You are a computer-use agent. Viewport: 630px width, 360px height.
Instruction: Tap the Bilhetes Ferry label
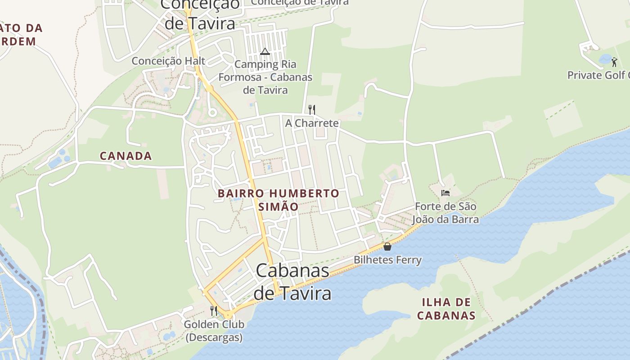click(387, 260)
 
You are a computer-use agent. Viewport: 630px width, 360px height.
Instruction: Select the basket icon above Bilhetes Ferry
click(387, 247)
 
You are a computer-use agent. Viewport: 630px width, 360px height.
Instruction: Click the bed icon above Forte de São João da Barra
click(445, 193)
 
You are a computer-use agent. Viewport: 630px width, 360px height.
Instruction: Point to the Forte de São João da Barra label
click(445, 213)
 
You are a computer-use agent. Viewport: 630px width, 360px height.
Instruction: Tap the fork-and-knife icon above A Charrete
click(311, 109)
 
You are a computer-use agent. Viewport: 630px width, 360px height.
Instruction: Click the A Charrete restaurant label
click(312, 123)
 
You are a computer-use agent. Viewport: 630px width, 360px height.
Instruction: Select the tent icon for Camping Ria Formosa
click(265, 51)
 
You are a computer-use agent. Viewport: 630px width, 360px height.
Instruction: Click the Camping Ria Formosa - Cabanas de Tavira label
click(265, 77)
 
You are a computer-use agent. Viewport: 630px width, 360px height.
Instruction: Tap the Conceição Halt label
click(168, 61)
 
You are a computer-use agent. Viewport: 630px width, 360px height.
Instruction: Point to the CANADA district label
click(126, 156)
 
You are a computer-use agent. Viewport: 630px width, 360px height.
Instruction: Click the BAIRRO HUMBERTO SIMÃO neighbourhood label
click(279, 200)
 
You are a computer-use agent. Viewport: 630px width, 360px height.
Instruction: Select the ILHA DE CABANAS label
click(446, 308)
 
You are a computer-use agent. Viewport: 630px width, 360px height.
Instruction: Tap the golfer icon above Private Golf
click(614, 62)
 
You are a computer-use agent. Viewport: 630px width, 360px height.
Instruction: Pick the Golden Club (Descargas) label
click(214, 330)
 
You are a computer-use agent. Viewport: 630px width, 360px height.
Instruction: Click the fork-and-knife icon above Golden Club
click(214, 311)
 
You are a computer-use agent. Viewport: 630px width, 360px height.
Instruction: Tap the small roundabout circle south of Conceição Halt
click(212, 112)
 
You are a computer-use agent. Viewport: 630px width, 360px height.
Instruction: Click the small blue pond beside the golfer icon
click(605, 59)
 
